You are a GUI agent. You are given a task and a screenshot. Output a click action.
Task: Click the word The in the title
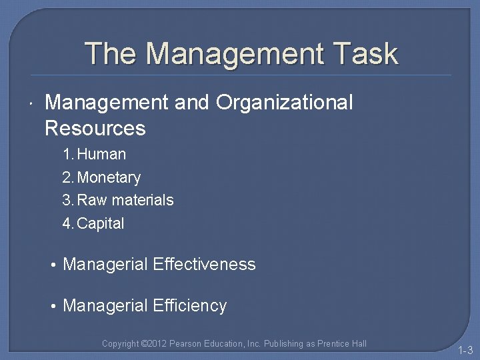coord(110,53)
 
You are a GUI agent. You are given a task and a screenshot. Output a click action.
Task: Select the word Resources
coord(95,127)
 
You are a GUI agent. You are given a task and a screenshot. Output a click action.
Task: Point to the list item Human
coord(101,154)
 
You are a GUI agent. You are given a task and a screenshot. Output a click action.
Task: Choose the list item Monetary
coord(109,177)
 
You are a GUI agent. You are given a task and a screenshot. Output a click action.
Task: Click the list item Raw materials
coord(125,200)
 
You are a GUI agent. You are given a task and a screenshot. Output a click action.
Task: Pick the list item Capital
coord(101,223)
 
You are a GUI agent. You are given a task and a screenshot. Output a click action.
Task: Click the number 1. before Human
coord(68,154)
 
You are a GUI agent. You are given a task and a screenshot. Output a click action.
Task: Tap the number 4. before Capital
coord(68,223)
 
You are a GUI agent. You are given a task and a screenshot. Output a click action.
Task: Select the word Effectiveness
coord(204,265)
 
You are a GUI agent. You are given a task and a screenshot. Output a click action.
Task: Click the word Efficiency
coord(190,306)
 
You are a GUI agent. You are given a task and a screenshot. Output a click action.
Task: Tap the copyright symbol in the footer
coord(145,344)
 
